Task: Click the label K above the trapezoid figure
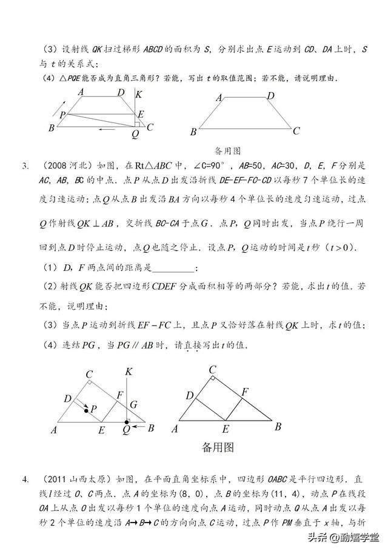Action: tap(139, 94)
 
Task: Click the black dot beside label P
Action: tap(86, 411)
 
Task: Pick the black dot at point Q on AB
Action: tap(126, 421)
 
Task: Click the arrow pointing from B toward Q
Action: tap(139, 428)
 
